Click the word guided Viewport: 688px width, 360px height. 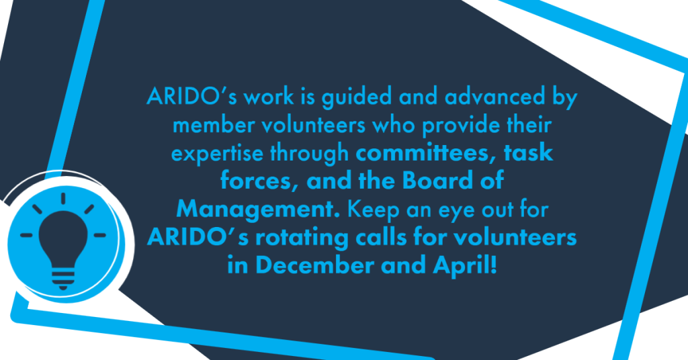coord(357,97)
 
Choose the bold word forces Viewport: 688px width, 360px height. coord(257,181)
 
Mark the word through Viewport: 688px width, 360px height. coord(309,154)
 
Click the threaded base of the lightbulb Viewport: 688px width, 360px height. coord(63,279)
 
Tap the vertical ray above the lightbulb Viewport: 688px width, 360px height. coord(63,198)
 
